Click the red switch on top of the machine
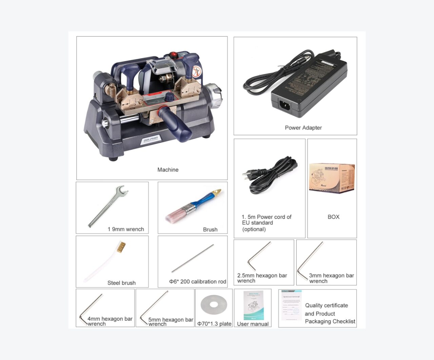tap(174, 54)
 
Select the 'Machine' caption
tap(167, 169)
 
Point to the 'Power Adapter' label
tap(303, 128)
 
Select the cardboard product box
tap(332, 178)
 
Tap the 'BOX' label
tap(333, 217)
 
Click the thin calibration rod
tap(193, 258)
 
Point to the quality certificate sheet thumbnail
tap(291, 305)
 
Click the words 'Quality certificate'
tap(326, 305)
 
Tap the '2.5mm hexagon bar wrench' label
tap(262, 278)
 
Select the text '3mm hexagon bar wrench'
tap(331, 278)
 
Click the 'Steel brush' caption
tap(121, 283)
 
